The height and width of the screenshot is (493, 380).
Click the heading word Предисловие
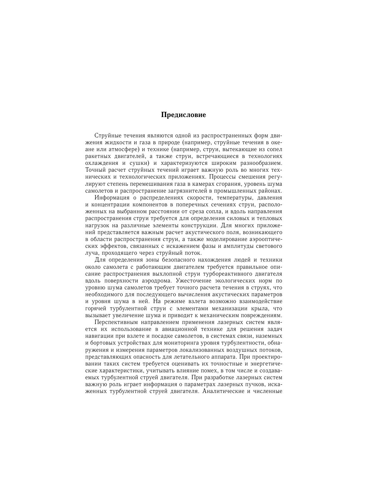[183, 115]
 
